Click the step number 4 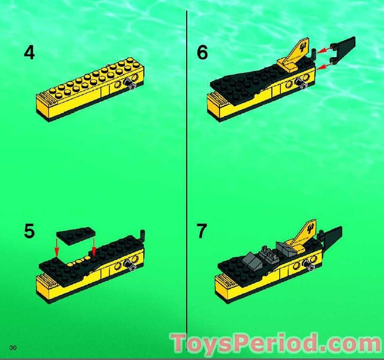pos(30,52)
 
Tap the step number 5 pos(30,231)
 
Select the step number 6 pos(202,52)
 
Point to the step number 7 pos(202,231)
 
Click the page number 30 pos(13,347)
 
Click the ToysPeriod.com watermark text pos(275,343)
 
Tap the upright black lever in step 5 pos(142,236)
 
